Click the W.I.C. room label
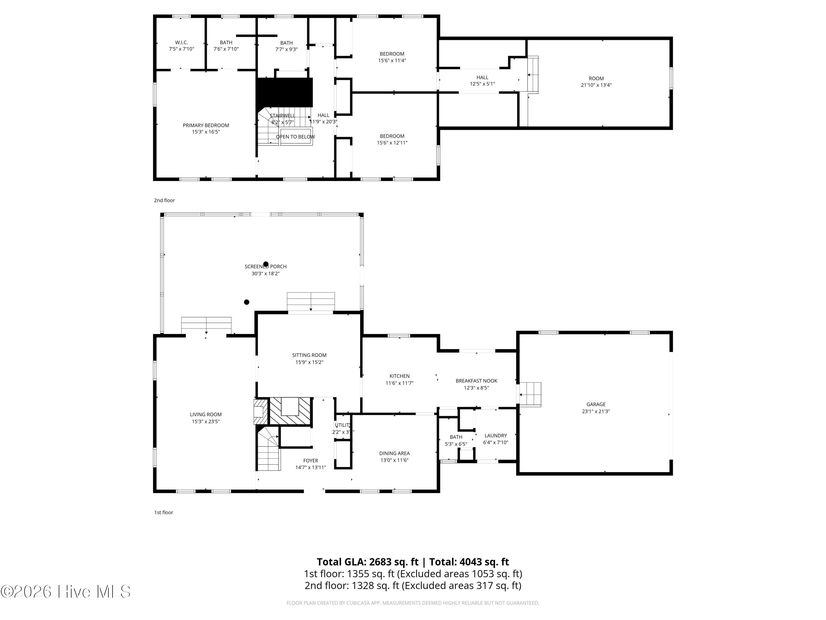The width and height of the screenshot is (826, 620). pyautogui.click(x=181, y=43)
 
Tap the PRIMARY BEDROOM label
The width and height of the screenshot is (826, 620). pyautogui.click(x=206, y=125)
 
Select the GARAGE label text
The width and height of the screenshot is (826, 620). pyautogui.click(x=596, y=404)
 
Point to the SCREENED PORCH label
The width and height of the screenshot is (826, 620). pyautogui.click(x=265, y=266)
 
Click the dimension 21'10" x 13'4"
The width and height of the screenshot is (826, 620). pyautogui.click(x=596, y=85)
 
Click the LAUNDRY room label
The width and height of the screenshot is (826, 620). pyautogui.click(x=496, y=435)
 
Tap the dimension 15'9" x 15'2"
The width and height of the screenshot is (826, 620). pyautogui.click(x=309, y=362)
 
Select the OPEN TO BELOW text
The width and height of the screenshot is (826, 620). pyautogui.click(x=295, y=137)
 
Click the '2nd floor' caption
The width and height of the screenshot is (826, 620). pyautogui.click(x=164, y=200)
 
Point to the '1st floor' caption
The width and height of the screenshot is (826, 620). pyautogui.click(x=164, y=512)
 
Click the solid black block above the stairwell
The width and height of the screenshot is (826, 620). pyautogui.click(x=284, y=92)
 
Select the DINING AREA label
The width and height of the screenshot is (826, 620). pyautogui.click(x=394, y=453)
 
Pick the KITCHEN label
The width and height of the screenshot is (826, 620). pyautogui.click(x=399, y=376)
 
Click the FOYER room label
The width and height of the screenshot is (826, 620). pyautogui.click(x=311, y=461)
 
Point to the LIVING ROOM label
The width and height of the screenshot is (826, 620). pyautogui.click(x=206, y=414)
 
